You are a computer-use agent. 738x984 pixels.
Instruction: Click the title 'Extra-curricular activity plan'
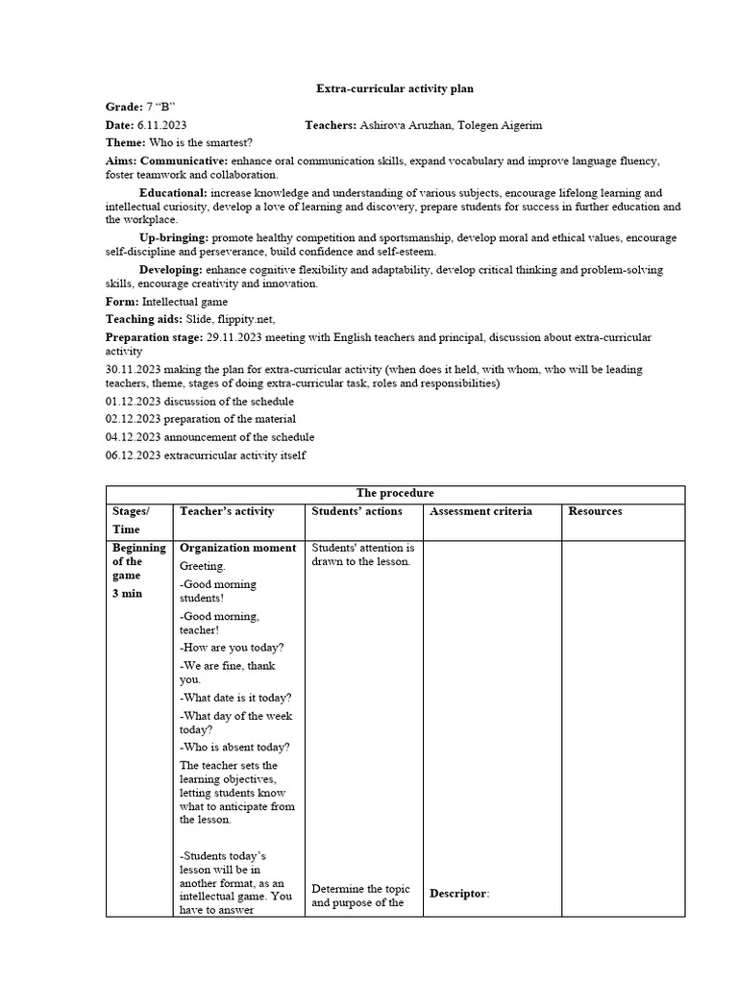[x=395, y=88]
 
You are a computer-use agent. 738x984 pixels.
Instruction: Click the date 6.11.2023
[x=161, y=125]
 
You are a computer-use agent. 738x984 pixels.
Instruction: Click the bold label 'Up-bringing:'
[x=174, y=237]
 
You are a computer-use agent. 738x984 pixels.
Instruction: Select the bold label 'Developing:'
[x=170, y=270]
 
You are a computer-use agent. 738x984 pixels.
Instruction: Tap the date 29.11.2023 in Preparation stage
[x=234, y=337]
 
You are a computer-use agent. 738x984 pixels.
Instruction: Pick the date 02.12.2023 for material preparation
[x=134, y=418]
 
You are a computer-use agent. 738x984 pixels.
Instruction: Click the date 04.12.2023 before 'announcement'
[x=134, y=436]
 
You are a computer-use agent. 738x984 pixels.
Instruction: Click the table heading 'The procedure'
[x=395, y=493]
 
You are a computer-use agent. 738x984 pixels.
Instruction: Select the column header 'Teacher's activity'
[x=227, y=511]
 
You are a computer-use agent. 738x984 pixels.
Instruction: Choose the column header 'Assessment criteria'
[x=480, y=511]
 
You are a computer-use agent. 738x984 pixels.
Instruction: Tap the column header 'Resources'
[x=595, y=511]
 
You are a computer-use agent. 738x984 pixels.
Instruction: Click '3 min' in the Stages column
[x=127, y=593]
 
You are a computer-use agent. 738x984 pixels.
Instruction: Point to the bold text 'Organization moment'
[x=237, y=548]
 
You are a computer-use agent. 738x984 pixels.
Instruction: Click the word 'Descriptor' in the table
[x=458, y=894]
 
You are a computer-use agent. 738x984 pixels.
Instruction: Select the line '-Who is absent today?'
[x=234, y=747]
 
